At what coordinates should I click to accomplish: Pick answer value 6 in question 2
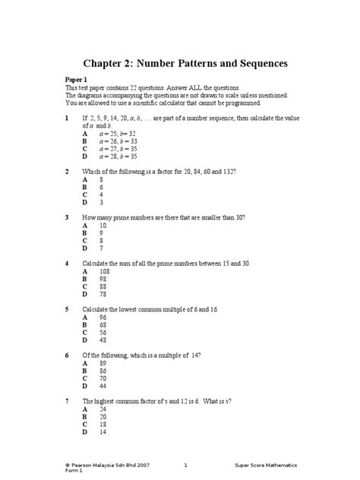(102, 188)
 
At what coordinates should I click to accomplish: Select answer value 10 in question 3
(103, 226)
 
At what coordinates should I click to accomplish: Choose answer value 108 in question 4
(105, 271)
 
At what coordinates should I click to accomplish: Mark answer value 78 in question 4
(103, 294)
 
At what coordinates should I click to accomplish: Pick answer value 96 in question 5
(103, 317)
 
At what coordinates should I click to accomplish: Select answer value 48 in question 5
(103, 340)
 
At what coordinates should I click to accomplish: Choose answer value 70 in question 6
(103, 378)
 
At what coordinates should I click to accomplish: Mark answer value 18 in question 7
(103, 425)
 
